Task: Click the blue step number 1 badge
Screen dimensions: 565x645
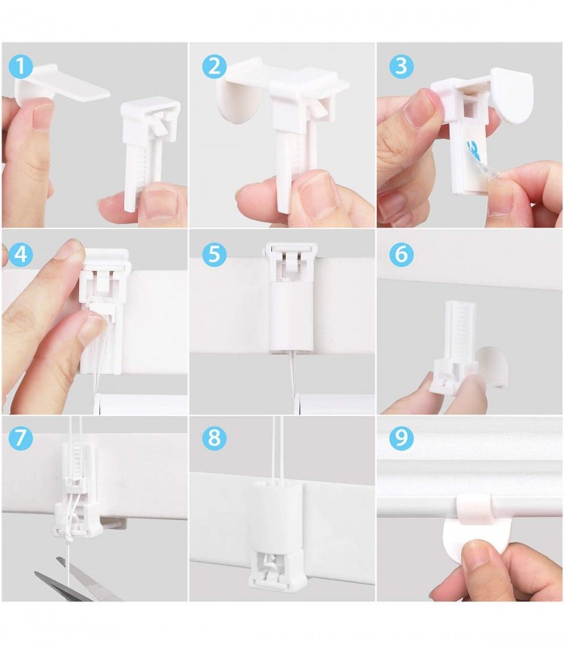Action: pos(20,66)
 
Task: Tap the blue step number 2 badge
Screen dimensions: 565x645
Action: pos(214,66)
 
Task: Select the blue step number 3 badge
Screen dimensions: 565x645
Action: pos(401,66)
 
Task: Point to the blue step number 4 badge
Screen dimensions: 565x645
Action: pos(20,254)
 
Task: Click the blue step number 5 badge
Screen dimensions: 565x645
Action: pos(214,254)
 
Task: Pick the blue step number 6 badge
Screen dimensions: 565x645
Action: pos(401,254)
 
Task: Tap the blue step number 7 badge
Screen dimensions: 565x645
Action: pos(20,438)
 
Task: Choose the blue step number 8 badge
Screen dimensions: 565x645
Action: pos(214,438)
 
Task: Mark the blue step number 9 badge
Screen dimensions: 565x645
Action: pos(401,438)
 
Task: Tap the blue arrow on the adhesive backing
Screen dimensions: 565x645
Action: pos(474,152)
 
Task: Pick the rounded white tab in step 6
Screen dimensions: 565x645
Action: pos(492,367)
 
